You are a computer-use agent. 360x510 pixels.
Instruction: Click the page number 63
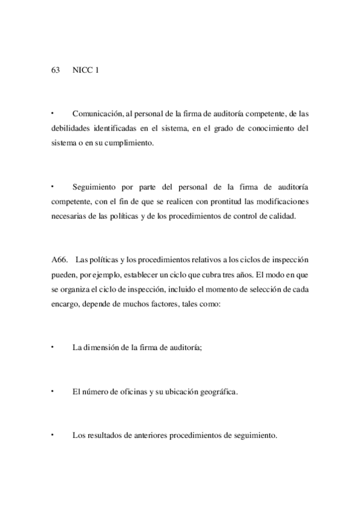pyautogui.click(x=55, y=70)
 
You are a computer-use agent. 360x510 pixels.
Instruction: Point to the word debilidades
pyautogui.click(x=70, y=127)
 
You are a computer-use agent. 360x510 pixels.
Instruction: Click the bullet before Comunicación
pyautogui.click(x=53, y=112)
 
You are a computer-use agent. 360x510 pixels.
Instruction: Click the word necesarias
pyautogui.click(x=70, y=218)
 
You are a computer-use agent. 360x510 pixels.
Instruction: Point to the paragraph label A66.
pyautogui.click(x=61, y=260)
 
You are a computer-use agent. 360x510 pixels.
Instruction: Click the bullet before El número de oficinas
pyautogui.click(x=53, y=390)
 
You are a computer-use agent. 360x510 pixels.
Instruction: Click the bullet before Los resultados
pyautogui.click(x=53, y=434)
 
